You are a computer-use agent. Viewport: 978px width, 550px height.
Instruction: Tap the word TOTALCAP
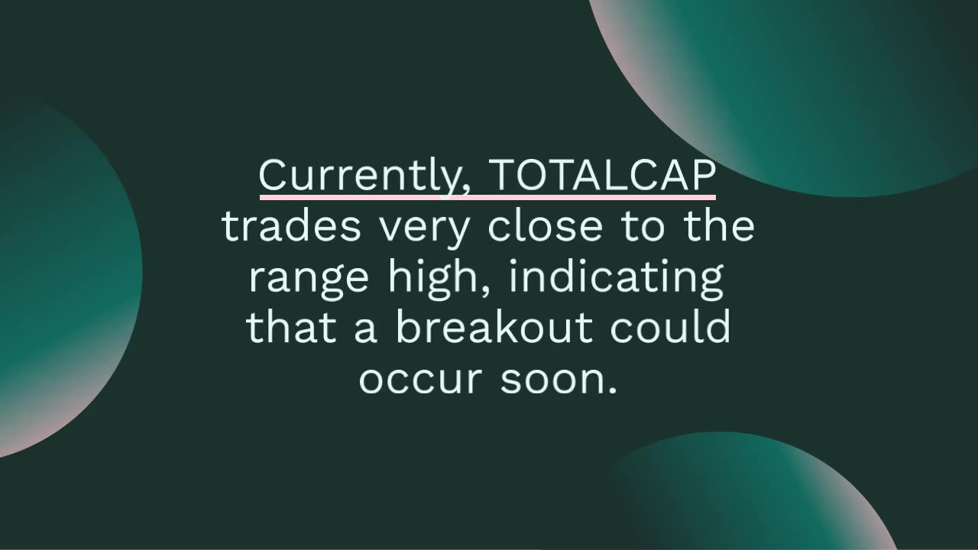tap(602, 175)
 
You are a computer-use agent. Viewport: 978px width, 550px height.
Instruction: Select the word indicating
tap(617, 278)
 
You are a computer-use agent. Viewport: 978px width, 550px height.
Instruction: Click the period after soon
tap(611, 391)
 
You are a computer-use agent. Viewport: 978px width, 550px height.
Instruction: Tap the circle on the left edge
tap(61, 275)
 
